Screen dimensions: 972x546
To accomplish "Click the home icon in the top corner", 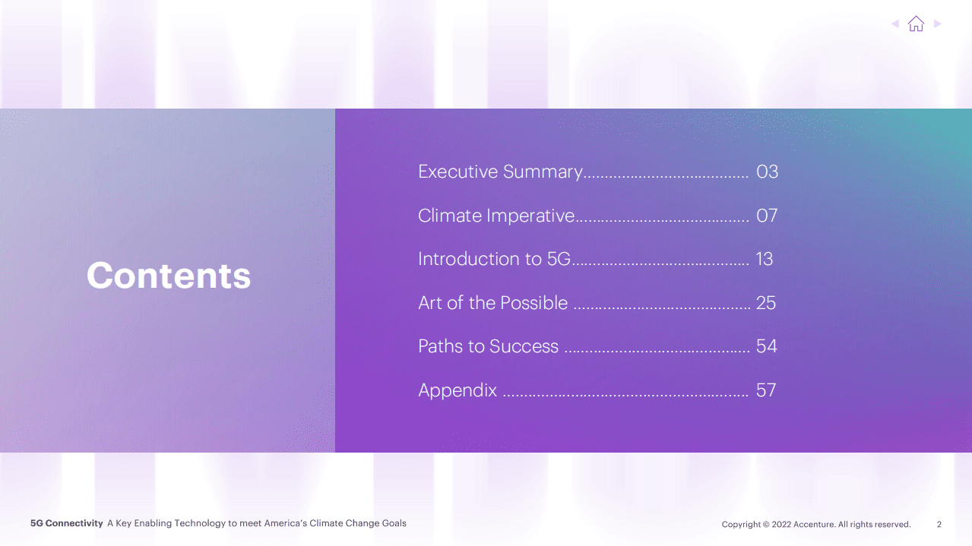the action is (x=916, y=24).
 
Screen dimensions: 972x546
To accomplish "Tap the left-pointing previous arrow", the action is (x=894, y=24).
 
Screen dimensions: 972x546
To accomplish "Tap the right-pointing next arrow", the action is (x=938, y=24).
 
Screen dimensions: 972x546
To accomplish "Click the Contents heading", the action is (x=169, y=276).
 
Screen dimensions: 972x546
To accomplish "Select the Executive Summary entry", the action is (x=500, y=172).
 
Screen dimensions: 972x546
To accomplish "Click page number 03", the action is (x=767, y=172).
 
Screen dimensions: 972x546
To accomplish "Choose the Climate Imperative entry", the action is (x=496, y=216).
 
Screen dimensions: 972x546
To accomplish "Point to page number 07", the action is (x=767, y=216).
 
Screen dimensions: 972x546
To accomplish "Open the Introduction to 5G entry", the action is (x=494, y=259).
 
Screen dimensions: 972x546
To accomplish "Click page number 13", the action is (x=765, y=259).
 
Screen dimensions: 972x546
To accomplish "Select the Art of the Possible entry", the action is (x=493, y=303).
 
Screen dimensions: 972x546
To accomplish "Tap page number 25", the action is (x=766, y=303).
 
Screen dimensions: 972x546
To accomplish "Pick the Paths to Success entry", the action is (x=488, y=346).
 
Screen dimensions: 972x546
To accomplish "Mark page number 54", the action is (x=766, y=346).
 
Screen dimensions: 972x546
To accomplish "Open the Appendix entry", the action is (x=458, y=390).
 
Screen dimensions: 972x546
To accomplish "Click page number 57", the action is (x=766, y=390).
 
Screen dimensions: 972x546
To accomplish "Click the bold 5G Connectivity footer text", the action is (x=66, y=523).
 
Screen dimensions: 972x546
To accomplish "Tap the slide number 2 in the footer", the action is (x=939, y=524).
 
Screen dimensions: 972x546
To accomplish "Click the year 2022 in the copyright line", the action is (x=781, y=524).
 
